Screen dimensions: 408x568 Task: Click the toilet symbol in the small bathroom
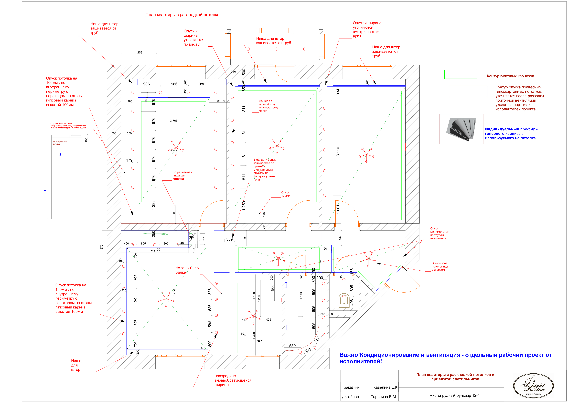click(344, 300)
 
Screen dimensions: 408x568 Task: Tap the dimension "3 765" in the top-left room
click(174, 121)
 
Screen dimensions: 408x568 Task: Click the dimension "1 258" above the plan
click(139, 53)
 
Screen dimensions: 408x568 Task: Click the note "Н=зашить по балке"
click(187, 270)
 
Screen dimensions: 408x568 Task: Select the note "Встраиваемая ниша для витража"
click(182, 175)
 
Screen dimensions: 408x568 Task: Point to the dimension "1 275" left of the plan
click(101, 248)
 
